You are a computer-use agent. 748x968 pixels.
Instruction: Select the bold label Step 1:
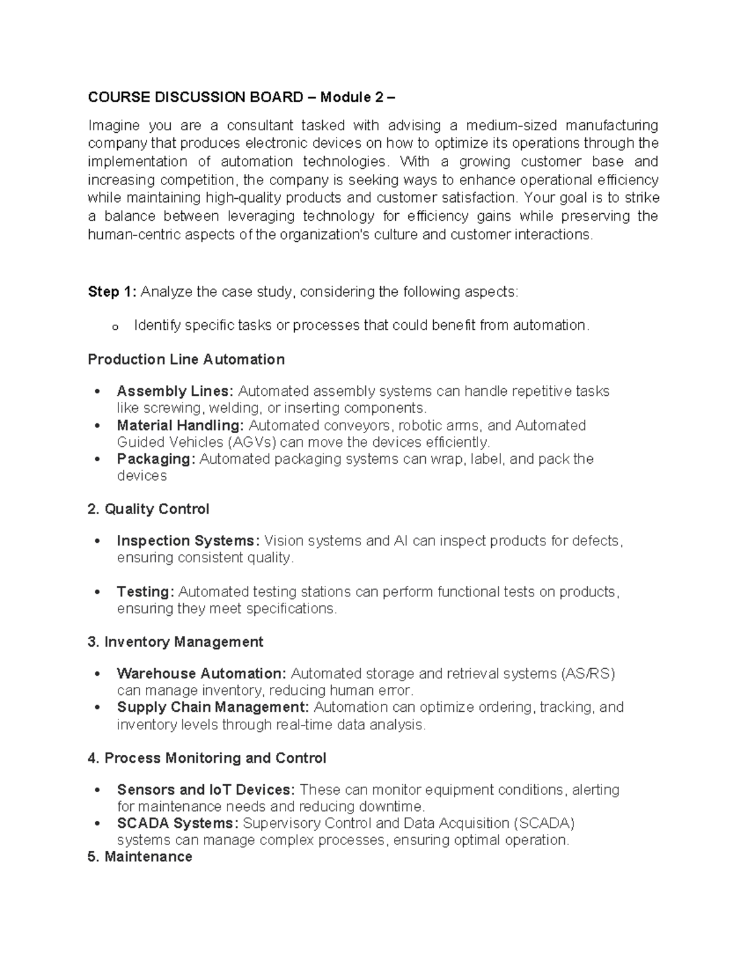[x=113, y=292]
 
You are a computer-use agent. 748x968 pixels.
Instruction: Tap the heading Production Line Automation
[x=186, y=359]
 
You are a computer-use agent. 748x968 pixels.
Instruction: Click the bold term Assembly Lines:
[x=175, y=391]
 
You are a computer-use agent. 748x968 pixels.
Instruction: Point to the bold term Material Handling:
[x=180, y=425]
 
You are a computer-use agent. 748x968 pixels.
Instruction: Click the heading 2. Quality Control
[x=148, y=509]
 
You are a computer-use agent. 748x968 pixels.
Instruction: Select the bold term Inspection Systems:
[x=188, y=540]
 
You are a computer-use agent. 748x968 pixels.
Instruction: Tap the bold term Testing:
[x=146, y=592]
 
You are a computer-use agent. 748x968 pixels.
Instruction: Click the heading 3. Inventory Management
[x=176, y=641]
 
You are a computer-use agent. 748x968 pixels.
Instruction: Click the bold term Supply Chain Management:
[x=213, y=707]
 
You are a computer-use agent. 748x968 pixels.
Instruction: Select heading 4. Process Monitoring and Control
[x=207, y=758]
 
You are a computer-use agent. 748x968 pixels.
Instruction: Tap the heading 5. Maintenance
[x=140, y=856]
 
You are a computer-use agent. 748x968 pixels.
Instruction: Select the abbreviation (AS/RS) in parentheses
[x=588, y=673]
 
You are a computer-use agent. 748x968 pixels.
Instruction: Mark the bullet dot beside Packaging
[x=96, y=459]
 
